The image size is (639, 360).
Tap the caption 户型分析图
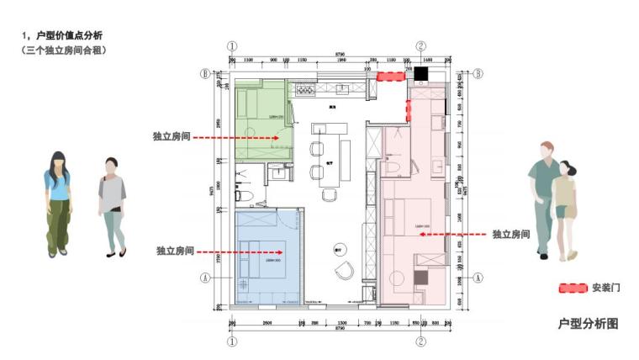pyautogui.click(x=588, y=323)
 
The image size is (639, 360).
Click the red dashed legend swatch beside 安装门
pyautogui.click(x=573, y=288)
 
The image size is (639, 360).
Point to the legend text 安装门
pyautogui.click(x=605, y=288)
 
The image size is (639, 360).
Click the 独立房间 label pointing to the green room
pyautogui.click(x=172, y=135)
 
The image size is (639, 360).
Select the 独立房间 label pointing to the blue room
pyautogui.click(x=175, y=251)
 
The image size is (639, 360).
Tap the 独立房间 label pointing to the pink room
pyautogui.click(x=511, y=234)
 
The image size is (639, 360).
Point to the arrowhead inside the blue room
pyautogui.click(x=283, y=251)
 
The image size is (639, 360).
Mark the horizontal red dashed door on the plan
pyautogui.click(x=390, y=77)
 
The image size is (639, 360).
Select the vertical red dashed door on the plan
pyautogui.click(x=409, y=109)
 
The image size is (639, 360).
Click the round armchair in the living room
pyautogui.click(x=346, y=271)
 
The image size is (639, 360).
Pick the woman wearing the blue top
pyautogui.click(x=57, y=203)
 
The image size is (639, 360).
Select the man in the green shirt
pyautogui.click(x=544, y=198)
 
